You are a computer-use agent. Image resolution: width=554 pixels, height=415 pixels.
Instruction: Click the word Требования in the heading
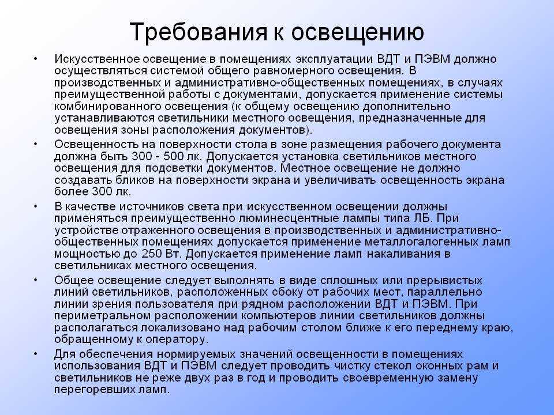click(198, 31)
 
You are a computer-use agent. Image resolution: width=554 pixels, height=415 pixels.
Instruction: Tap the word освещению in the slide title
click(357, 32)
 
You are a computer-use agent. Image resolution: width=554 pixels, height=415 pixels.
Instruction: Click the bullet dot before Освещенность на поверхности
click(35, 144)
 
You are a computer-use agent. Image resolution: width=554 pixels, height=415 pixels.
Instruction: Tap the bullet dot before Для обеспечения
click(35, 353)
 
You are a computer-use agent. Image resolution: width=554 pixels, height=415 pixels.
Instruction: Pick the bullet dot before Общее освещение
click(35, 280)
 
